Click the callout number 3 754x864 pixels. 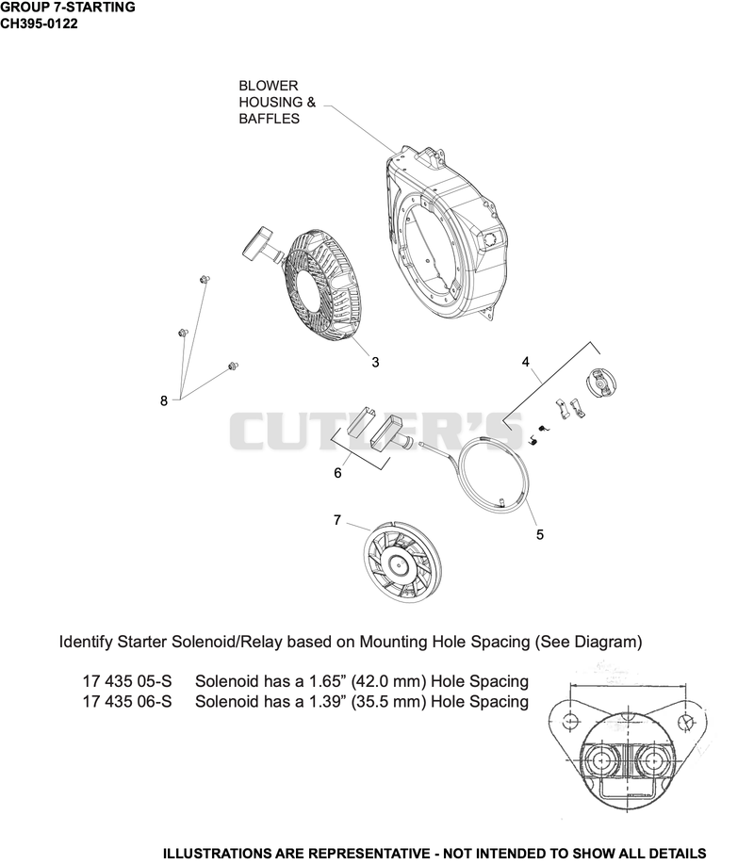(x=375, y=362)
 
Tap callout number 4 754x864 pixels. (x=525, y=362)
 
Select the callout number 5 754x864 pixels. (x=540, y=534)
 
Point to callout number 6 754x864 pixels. (x=337, y=473)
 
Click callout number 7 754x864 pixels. (x=337, y=520)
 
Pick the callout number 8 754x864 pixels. (x=164, y=400)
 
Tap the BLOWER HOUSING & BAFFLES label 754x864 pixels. (x=277, y=102)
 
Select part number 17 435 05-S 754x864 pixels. (x=127, y=681)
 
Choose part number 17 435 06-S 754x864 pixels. (x=127, y=701)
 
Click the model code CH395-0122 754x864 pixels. (x=40, y=24)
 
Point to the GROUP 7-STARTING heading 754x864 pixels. (x=68, y=8)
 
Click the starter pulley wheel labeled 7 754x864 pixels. (x=396, y=563)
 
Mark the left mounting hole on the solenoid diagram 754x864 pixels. (x=571, y=719)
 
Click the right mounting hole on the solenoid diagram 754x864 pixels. (x=685, y=720)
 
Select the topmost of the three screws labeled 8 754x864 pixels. (x=205, y=280)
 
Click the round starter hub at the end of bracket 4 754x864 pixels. (x=600, y=382)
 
